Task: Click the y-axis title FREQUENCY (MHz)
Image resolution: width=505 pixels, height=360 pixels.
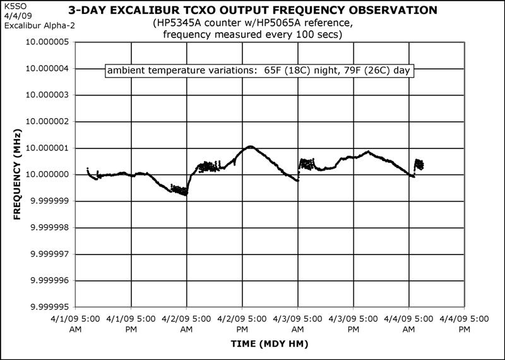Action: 17,175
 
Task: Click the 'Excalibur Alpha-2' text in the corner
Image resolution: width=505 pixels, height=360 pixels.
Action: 30,25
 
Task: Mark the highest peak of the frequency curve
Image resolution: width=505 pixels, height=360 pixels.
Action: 251,147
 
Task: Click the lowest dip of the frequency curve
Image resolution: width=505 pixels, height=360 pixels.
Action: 186,195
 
